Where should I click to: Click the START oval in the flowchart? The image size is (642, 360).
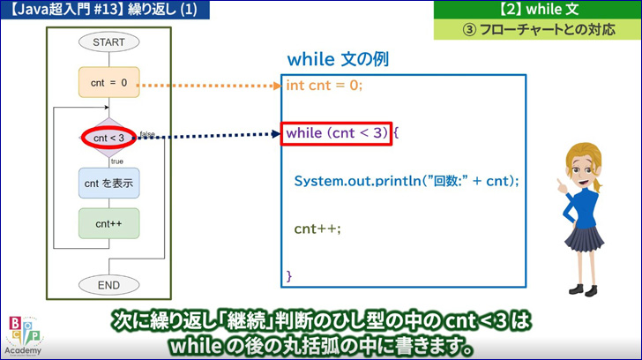pos(109,42)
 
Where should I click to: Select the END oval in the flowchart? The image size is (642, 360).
pos(109,285)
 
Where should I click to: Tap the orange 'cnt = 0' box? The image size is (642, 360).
pos(109,82)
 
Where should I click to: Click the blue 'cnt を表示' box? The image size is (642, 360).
pos(109,183)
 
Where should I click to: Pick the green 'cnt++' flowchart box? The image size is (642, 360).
pos(109,223)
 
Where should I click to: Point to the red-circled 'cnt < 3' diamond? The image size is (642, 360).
pos(108,138)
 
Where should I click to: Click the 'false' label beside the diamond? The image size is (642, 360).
pos(147,133)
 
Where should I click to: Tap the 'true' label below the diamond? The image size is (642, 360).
pos(117,161)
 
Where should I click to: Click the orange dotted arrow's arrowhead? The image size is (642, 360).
pos(278,86)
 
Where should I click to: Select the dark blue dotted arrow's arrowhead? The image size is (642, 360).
pos(276,133)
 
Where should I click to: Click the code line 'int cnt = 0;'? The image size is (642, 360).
pos(325,86)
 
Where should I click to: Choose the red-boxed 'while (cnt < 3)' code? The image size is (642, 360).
pos(337,133)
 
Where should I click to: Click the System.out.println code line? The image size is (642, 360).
pos(407,181)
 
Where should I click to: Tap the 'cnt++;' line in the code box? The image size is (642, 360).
pos(317,229)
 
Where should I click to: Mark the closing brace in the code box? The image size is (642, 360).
pos(289,275)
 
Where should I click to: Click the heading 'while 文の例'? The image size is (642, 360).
pos(338,59)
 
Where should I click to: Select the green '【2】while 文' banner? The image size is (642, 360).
pos(538,9)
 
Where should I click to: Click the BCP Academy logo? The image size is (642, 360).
pos(24,336)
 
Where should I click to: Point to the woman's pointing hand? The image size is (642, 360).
pos(562,186)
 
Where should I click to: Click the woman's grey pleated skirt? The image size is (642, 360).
pos(585,238)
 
